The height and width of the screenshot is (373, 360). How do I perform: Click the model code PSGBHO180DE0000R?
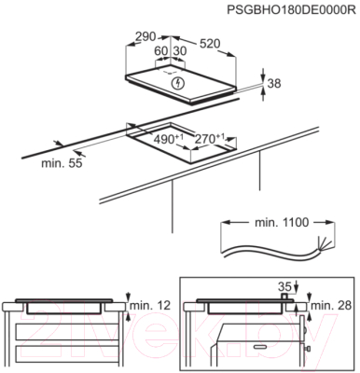pyautogui.click(x=291, y=9)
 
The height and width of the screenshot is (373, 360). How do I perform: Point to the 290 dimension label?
pyautogui.click(x=145, y=36)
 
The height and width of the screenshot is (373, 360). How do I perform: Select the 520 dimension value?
pyautogui.click(x=210, y=44)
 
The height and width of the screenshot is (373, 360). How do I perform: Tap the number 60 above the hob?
pyautogui.click(x=161, y=50)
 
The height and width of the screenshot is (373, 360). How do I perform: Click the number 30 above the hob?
pyautogui.click(x=179, y=50)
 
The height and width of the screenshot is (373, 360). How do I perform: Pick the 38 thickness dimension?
pyautogui.click(x=274, y=83)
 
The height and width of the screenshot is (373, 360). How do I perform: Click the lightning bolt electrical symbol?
pyautogui.click(x=178, y=83)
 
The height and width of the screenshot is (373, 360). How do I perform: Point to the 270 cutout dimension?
pyautogui.click(x=209, y=138)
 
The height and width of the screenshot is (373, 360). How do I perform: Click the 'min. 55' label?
pyautogui.click(x=62, y=163)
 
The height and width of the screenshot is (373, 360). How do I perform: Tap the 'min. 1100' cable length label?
pyautogui.click(x=282, y=223)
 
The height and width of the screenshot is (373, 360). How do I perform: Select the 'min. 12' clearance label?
pyautogui.click(x=150, y=306)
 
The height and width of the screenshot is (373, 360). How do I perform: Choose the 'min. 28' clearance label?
pyautogui.click(x=331, y=306)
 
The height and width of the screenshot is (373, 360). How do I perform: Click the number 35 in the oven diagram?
pyautogui.click(x=284, y=286)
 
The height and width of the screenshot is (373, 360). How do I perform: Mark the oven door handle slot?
pyautogui.click(x=260, y=346)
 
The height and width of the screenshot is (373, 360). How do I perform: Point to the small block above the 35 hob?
pyautogui.click(x=284, y=297)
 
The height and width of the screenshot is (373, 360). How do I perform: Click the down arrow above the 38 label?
pyautogui.click(x=263, y=75)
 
